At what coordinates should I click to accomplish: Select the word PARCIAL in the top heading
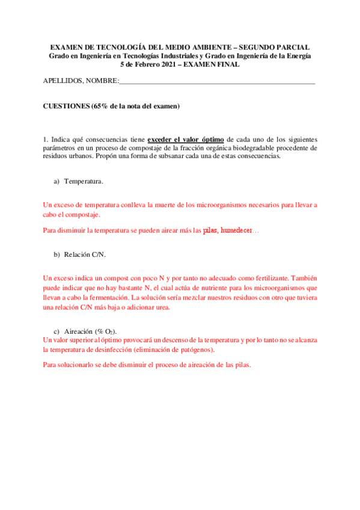(296, 48)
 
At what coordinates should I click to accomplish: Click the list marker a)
(58, 180)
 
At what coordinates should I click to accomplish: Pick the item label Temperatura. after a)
(84, 180)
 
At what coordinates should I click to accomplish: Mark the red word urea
(162, 307)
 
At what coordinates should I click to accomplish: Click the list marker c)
(57, 332)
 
